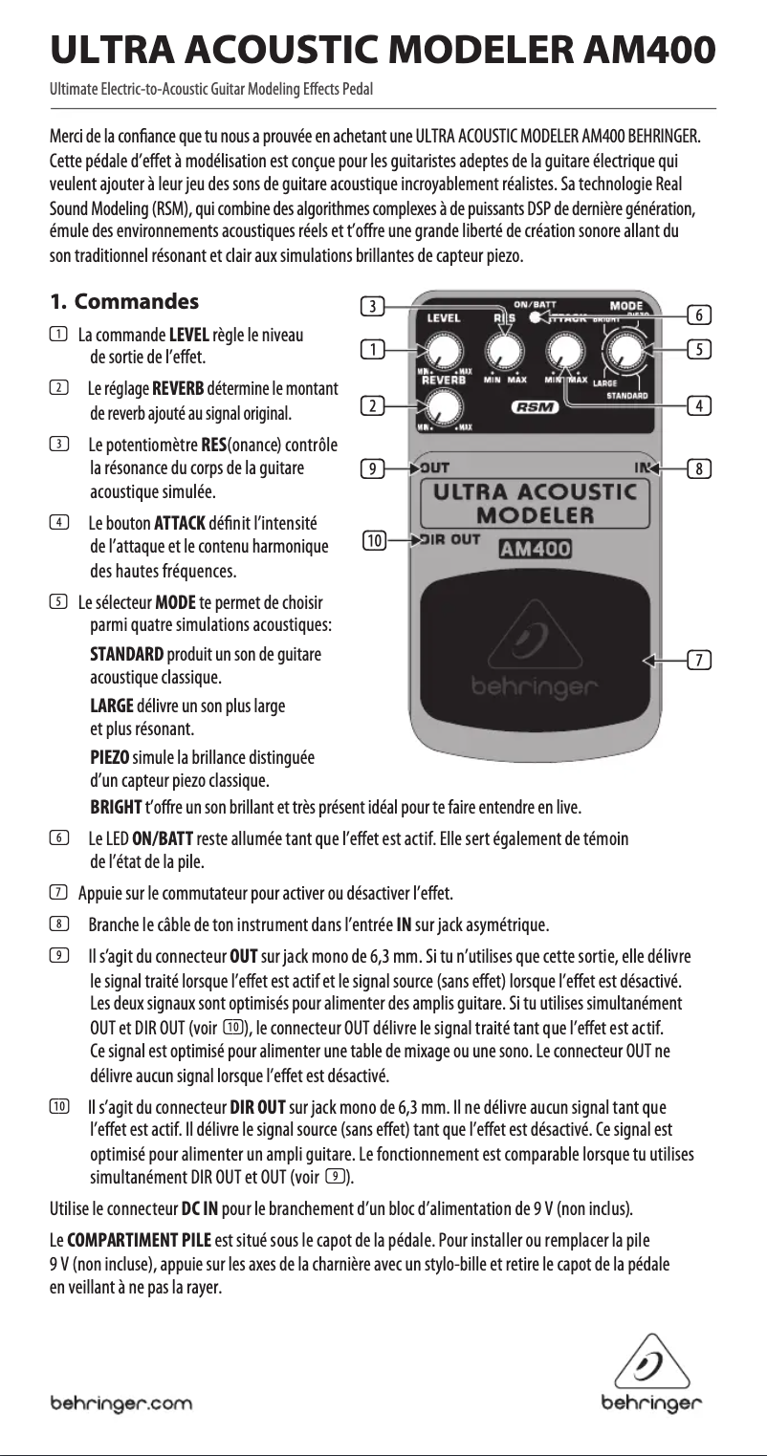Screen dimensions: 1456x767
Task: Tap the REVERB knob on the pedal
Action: click(x=441, y=408)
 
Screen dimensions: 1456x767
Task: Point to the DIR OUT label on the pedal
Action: click(x=449, y=539)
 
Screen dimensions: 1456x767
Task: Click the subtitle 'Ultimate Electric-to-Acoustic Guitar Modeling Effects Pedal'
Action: click(x=211, y=91)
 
